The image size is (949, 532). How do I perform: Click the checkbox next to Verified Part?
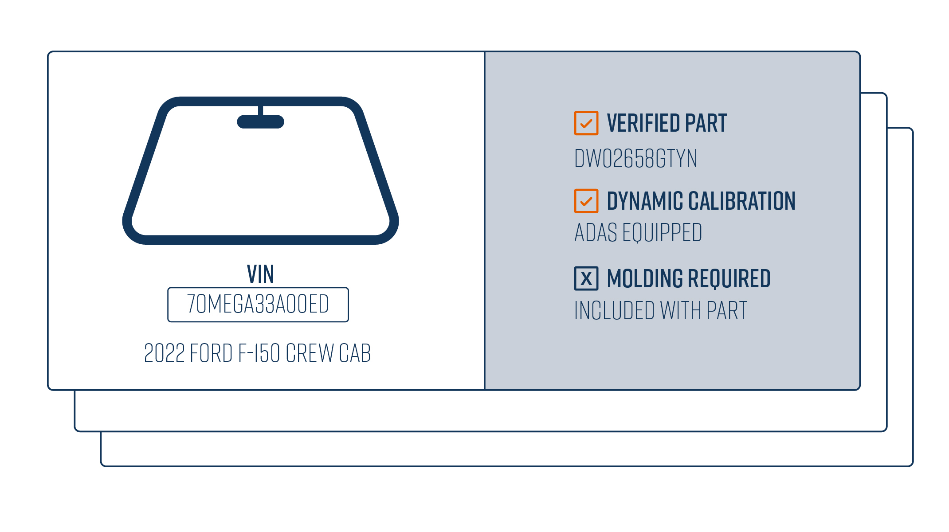(x=586, y=123)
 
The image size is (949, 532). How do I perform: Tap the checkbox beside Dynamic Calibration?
(x=586, y=201)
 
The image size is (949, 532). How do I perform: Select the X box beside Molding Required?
(x=586, y=278)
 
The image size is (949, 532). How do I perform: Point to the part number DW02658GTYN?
(x=635, y=158)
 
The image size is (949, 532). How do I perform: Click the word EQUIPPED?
(x=662, y=233)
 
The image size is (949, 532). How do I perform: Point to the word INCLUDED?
(x=614, y=310)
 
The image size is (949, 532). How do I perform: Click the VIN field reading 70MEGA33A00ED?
(x=258, y=305)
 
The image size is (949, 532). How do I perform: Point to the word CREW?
(x=310, y=353)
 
